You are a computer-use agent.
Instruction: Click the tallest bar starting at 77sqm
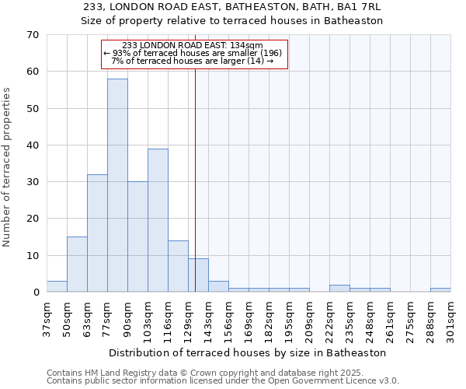click(117, 185)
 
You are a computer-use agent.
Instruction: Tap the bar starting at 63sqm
click(97, 233)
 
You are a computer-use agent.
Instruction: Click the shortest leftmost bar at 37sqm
click(57, 286)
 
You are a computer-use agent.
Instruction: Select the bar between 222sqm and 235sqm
click(339, 289)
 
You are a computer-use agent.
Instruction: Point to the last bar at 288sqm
click(440, 290)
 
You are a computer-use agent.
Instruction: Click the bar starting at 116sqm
click(178, 266)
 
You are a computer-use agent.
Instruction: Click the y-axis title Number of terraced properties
click(8, 166)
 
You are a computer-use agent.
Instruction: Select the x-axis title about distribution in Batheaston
click(248, 352)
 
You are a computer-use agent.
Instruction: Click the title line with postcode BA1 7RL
click(232, 7)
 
